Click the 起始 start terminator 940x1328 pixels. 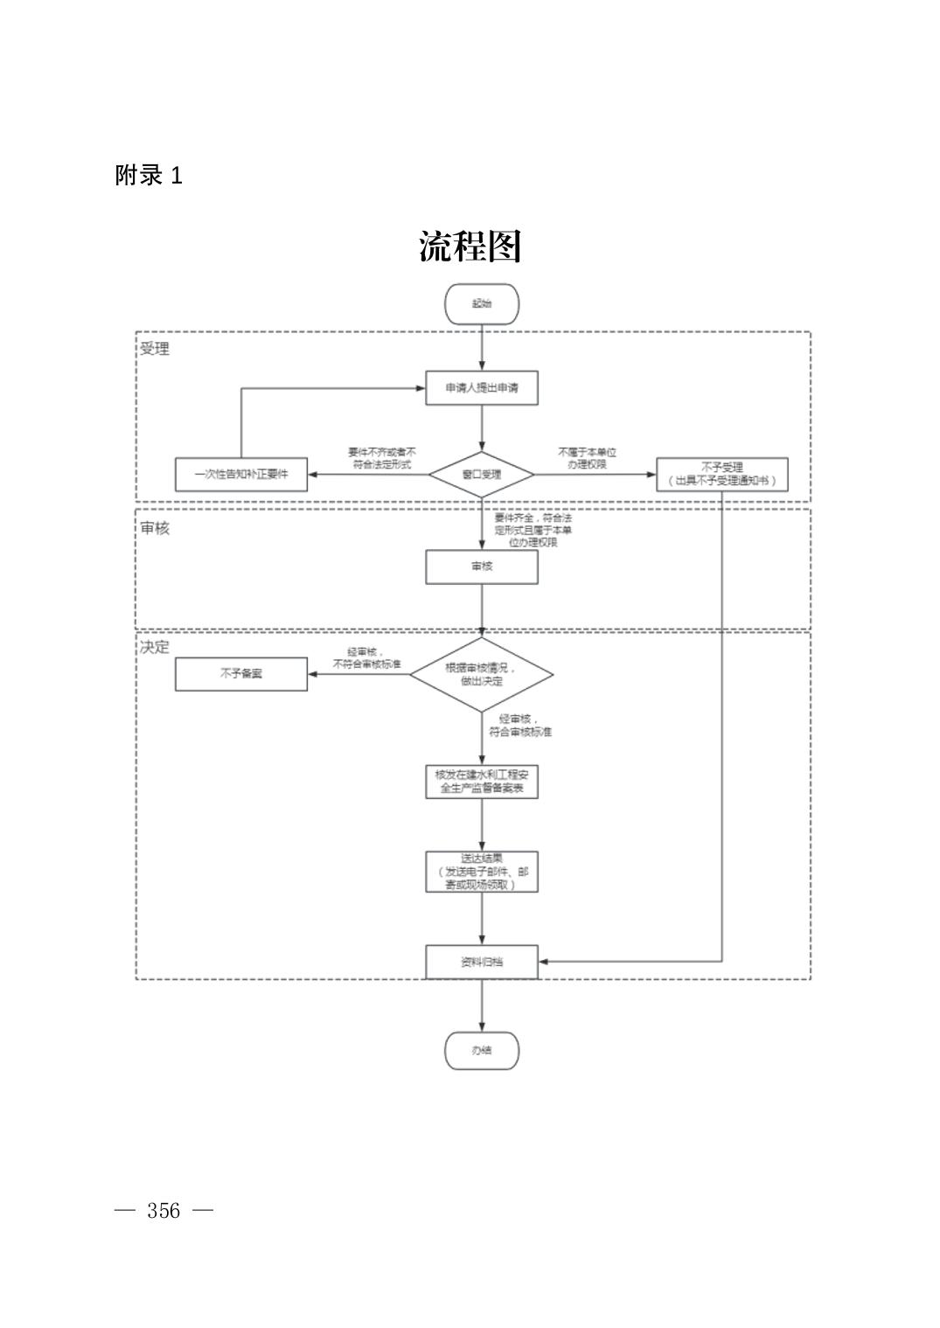click(481, 304)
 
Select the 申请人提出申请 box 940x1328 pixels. click(481, 387)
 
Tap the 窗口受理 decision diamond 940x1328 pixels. click(481, 475)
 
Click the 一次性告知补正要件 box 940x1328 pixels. click(241, 475)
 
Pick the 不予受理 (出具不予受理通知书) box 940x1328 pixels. click(721, 475)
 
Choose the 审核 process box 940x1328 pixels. click(481, 567)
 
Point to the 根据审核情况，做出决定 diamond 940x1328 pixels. click(481, 674)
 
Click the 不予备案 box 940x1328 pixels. click(241, 674)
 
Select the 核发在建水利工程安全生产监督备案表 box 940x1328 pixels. click(481, 782)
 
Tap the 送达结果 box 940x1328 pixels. click(481, 872)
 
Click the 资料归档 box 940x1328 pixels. click(481, 962)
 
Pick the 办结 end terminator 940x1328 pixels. click(481, 1050)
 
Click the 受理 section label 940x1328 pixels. click(155, 349)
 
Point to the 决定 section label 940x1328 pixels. click(155, 647)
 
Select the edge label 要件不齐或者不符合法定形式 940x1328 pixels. click(381, 458)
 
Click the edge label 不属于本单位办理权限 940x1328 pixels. click(587, 458)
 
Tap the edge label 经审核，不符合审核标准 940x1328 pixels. click(366, 658)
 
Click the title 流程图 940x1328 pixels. click(470, 247)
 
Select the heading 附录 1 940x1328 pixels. click(149, 176)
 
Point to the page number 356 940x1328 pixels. click(164, 1211)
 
